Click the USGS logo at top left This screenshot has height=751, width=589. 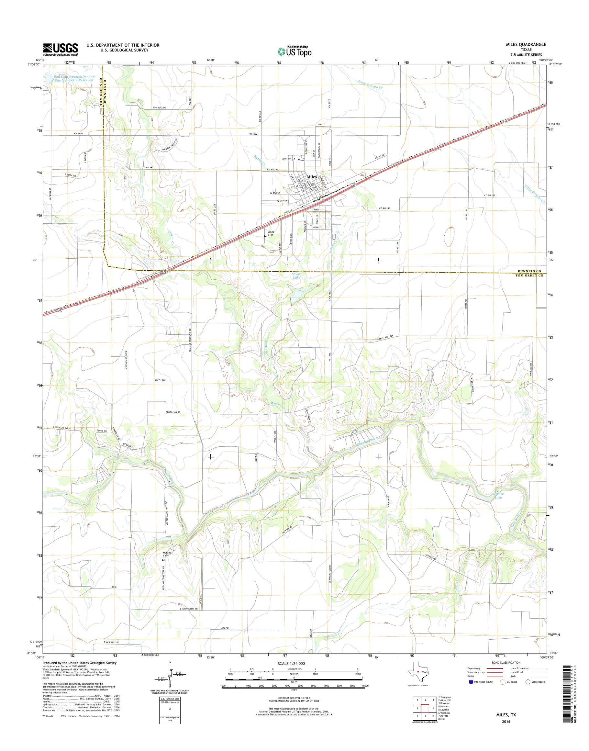60,49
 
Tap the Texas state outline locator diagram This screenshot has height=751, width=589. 417,672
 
